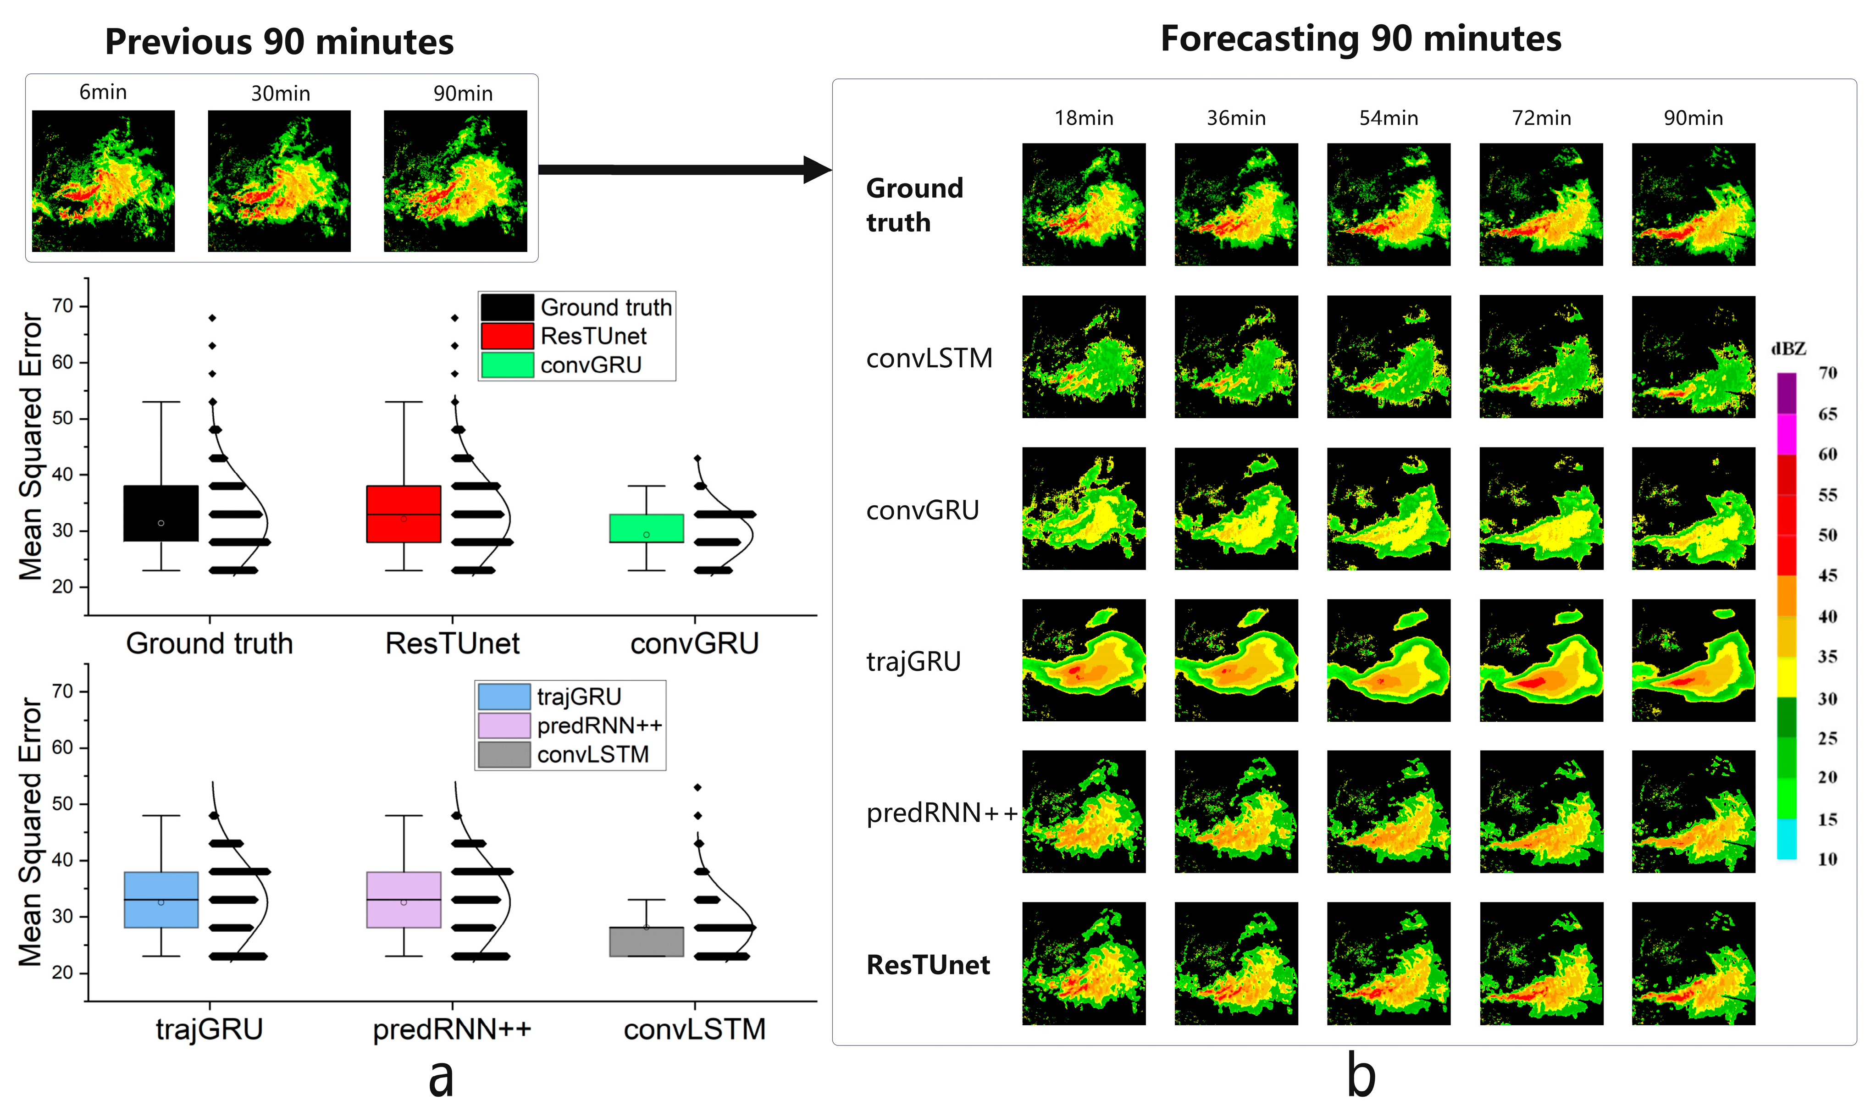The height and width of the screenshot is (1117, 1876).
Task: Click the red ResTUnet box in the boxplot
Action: tap(404, 514)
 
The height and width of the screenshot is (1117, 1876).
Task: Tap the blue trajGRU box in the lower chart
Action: tap(161, 900)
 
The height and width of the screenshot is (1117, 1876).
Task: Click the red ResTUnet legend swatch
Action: tap(506, 336)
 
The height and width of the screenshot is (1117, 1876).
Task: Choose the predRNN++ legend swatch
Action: tap(504, 725)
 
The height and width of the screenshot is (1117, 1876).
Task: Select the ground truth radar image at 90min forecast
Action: tap(1693, 205)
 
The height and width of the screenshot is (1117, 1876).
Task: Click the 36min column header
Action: tap(1236, 118)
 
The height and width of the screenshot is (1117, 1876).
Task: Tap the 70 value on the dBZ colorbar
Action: tap(1827, 373)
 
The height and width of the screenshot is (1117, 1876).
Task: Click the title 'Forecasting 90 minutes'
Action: tap(1361, 39)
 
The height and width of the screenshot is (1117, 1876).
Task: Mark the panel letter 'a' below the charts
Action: tap(441, 1078)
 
